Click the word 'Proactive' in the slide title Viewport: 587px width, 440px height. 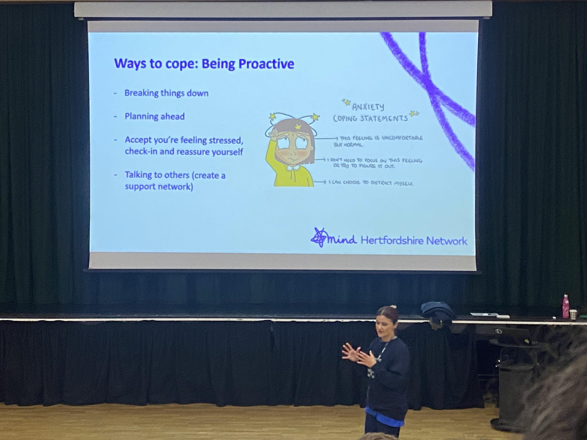pos(266,64)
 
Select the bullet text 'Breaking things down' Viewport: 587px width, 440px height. pos(166,93)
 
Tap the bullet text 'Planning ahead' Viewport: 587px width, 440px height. pos(155,116)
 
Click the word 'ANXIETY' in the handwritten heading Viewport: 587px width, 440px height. pos(368,107)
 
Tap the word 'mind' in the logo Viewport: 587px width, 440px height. pos(341,239)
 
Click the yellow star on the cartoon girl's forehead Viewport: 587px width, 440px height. pos(298,127)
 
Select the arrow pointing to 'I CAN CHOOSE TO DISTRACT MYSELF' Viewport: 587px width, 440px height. pos(320,182)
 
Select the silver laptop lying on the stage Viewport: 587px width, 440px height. pos(484,315)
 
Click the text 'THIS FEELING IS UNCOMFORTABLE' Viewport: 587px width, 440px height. pos(381,138)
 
